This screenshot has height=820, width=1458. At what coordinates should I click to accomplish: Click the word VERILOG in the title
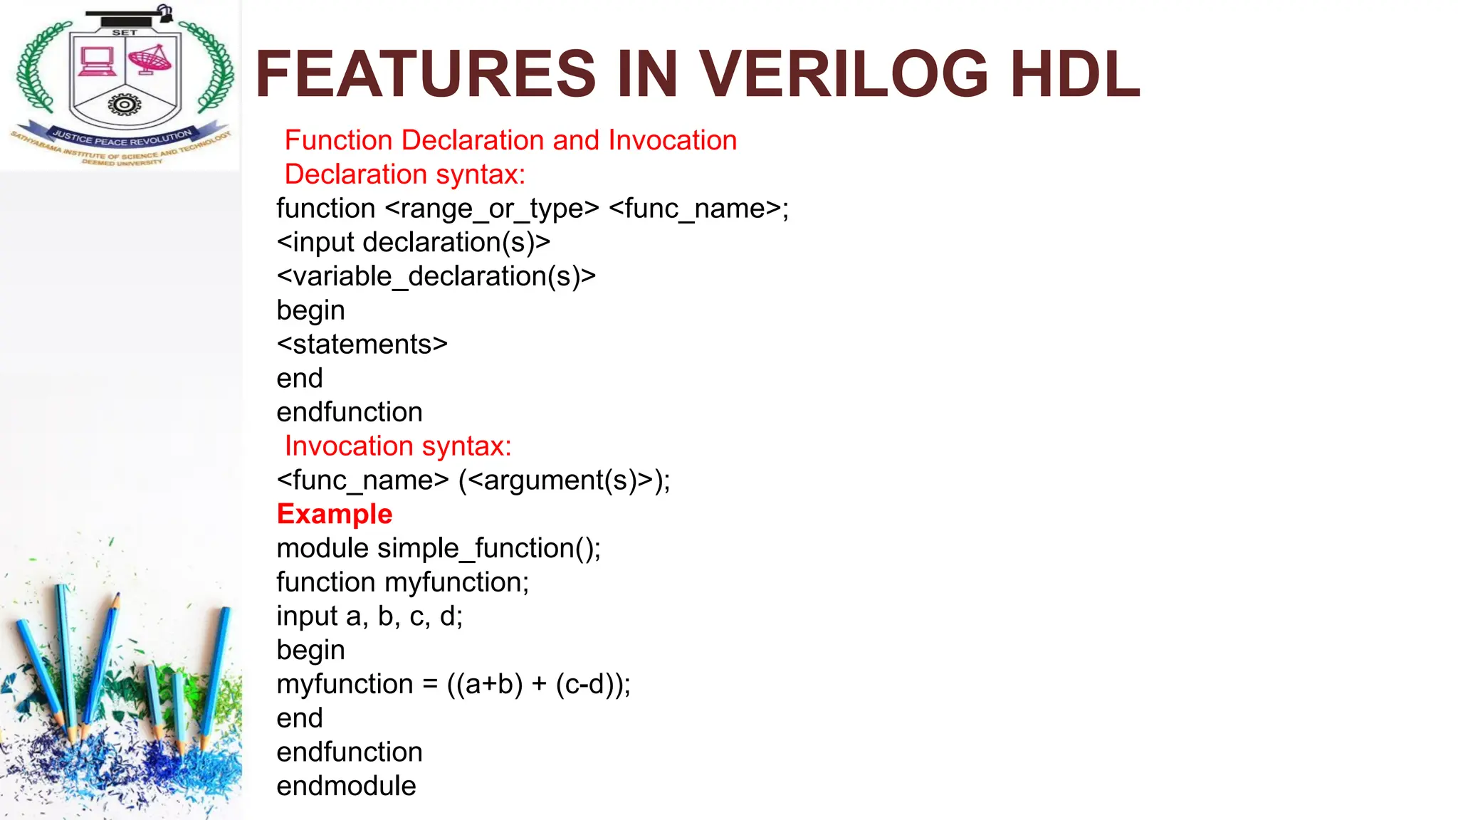coord(844,74)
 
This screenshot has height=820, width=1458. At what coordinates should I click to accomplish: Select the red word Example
coord(335,514)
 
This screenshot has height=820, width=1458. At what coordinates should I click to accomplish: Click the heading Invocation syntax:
coord(398,446)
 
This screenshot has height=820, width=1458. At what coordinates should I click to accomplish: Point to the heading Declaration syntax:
coord(404,174)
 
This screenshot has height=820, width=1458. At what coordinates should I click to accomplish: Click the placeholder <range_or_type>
coord(492,209)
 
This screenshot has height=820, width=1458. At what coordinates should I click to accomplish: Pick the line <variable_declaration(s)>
coord(436,276)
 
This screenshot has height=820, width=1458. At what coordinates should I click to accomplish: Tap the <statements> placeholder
coord(362,345)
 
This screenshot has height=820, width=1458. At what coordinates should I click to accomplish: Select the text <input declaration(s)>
coord(414,243)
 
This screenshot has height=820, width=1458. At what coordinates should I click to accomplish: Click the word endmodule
coord(346,786)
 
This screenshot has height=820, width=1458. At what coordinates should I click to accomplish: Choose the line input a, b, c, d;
coord(369,616)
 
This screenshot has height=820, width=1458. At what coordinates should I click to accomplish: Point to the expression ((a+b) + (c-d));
coord(539,685)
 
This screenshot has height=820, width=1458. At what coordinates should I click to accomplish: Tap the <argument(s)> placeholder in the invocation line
coord(560,480)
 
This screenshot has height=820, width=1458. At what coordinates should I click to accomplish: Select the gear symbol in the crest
coord(124,105)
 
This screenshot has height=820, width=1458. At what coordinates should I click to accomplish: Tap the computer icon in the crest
coord(97,61)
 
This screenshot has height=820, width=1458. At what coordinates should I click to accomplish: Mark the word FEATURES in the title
coord(425,74)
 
